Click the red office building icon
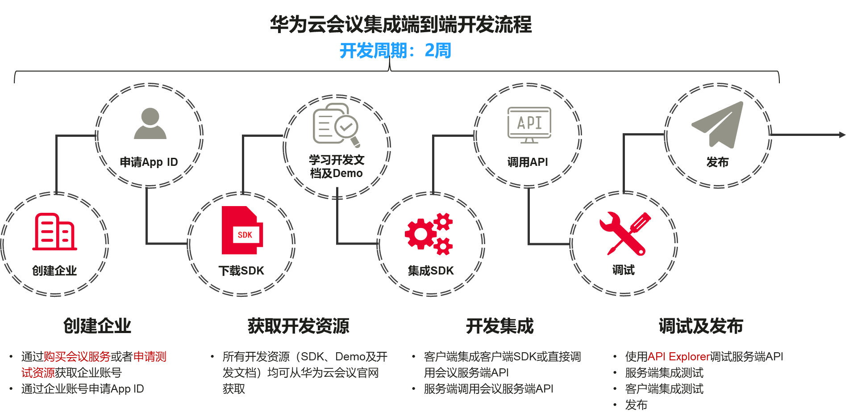pyautogui.click(x=54, y=232)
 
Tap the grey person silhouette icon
pyautogui.click(x=150, y=123)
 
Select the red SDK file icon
pyautogui.click(x=242, y=232)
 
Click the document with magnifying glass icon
pyautogui.click(x=336, y=125)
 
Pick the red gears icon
pyautogui.click(x=429, y=233)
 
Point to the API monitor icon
pyautogui.click(x=529, y=125)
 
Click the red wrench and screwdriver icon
pyautogui.click(x=625, y=233)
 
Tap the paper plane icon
pyautogui.click(x=719, y=124)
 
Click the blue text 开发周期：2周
pyautogui.click(x=395, y=51)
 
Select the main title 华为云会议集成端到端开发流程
pyautogui.click(x=401, y=24)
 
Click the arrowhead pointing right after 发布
pyautogui.click(x=842, y=135)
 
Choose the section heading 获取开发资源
pyautogui.click(x=299, y=326)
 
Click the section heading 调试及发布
pyautogui.click(x=701, y=326)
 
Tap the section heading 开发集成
pyautogui.click(x=499, y=326)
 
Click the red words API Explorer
pyautogui.click(x=678, y=356)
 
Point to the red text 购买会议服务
pyautogui.click(x=77, y=356)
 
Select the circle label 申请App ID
pyautogui.click(x=149, y=162)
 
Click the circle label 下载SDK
pyautogui.click(x=241, y=270)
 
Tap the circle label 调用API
pyautogui.click(x=528, y=162)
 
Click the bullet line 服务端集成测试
pyautogui.click(x=664, y=372)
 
